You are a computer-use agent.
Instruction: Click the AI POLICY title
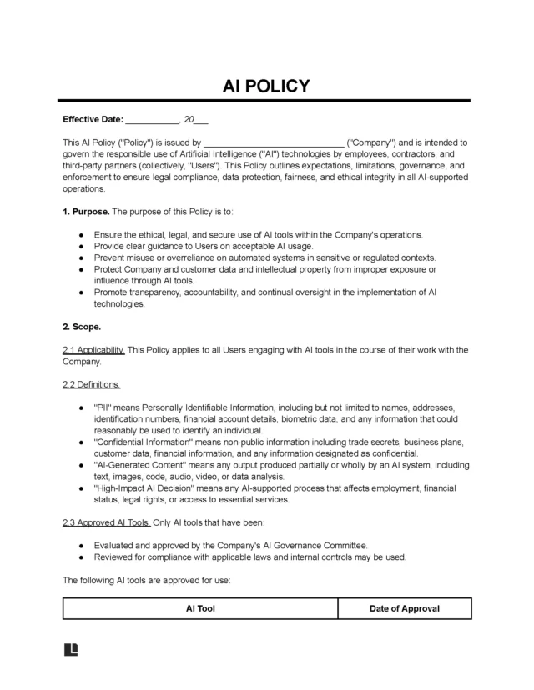(x=266, y=86)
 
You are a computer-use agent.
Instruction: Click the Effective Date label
(x=93, y=120)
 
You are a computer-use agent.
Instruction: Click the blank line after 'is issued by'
(x=274, y=142)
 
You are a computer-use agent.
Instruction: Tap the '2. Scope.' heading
(x=82, y=327)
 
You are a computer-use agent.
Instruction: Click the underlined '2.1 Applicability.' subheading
(x=93, y=349)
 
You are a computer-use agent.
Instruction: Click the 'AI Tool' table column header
(x=200, y=608)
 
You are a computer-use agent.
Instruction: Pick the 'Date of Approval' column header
(x=405, y=608)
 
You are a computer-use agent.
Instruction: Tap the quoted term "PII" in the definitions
(x=104, y=407)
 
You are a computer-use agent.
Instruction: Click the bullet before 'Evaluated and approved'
(x=79, y=545)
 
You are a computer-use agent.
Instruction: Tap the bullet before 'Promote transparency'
(x=79, y=292)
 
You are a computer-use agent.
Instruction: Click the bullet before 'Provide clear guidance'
(x=79, y=247)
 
